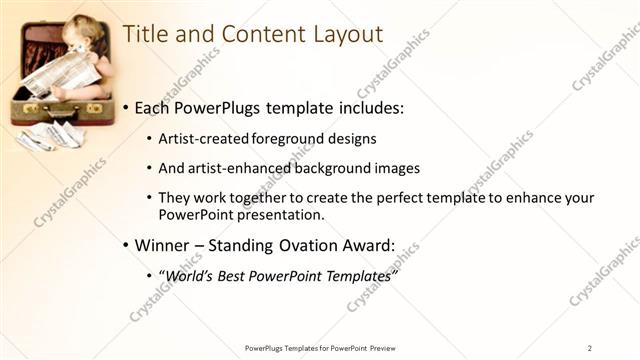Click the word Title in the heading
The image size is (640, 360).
[143, 33]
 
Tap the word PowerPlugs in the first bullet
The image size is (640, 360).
[219, 108]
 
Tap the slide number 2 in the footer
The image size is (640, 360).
[589, 348]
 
